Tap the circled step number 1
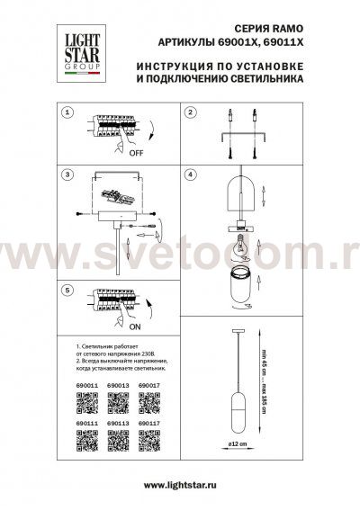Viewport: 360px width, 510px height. point(68,113)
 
